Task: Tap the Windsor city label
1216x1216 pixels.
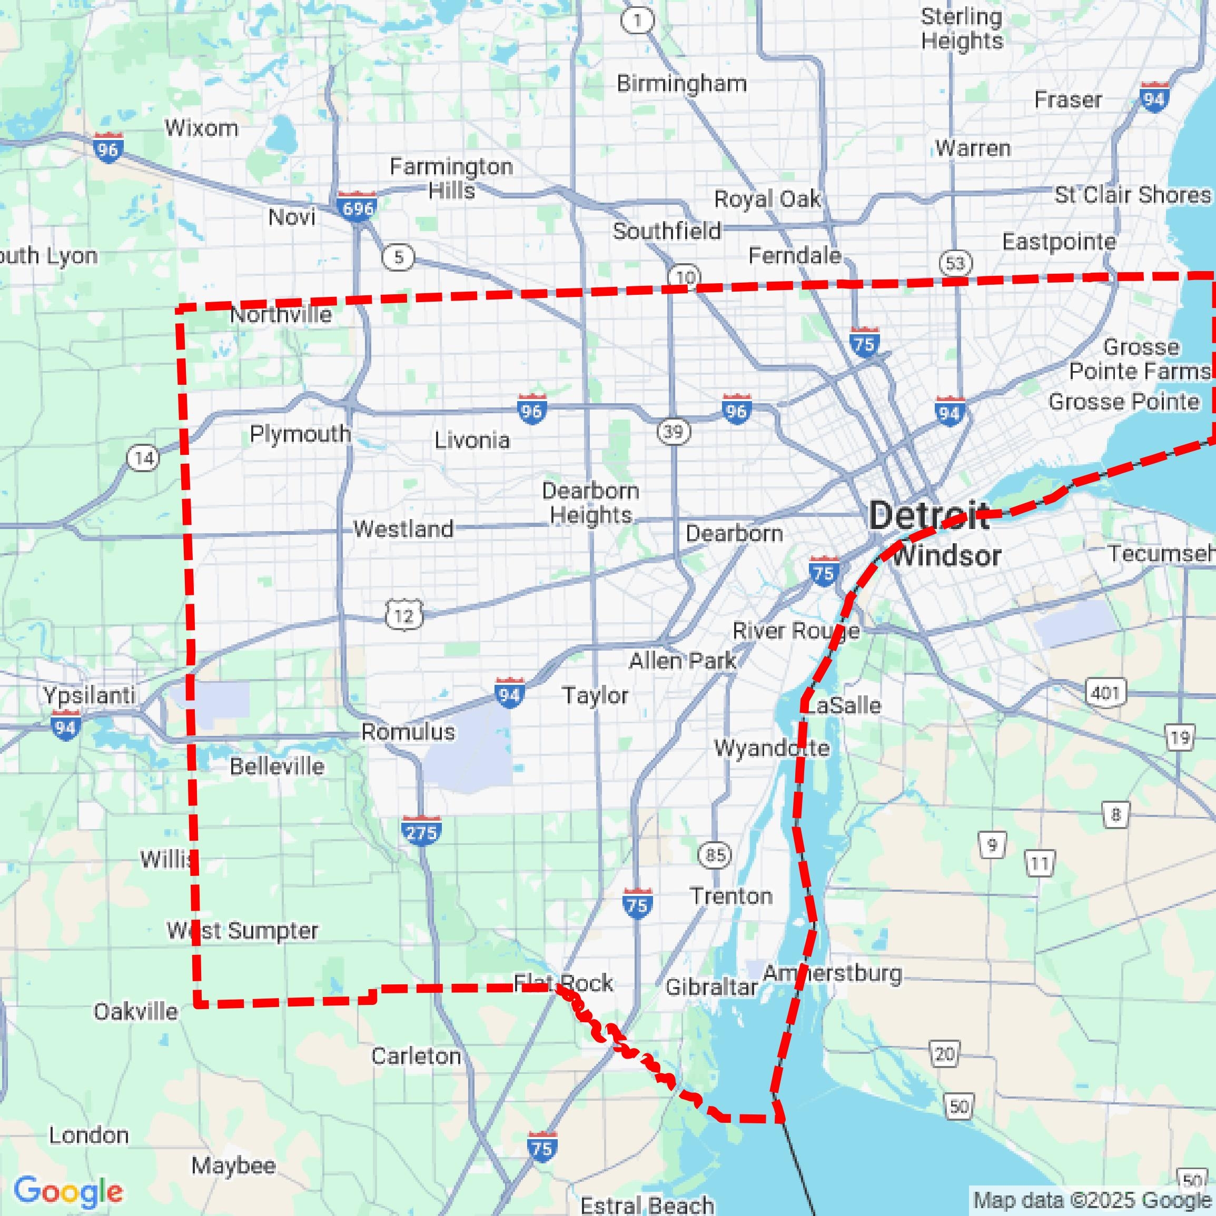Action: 946,556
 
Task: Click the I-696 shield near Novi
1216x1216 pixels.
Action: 357,206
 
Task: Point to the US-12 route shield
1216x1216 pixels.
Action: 403,615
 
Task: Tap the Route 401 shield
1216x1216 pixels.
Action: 1105,693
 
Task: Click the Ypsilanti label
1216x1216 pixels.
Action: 89,695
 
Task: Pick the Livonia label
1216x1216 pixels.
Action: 472,440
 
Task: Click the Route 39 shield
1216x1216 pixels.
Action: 673,432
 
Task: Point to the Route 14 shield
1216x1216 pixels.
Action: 144,457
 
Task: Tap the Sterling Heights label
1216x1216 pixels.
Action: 961,29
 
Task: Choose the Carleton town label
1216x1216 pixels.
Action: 416,1055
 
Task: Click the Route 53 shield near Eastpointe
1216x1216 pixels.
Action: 955,263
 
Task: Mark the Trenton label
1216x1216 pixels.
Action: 730,895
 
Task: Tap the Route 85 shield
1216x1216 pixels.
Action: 715,855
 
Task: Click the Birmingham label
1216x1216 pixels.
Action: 681,84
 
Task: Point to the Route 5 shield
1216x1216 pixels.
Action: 398,257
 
